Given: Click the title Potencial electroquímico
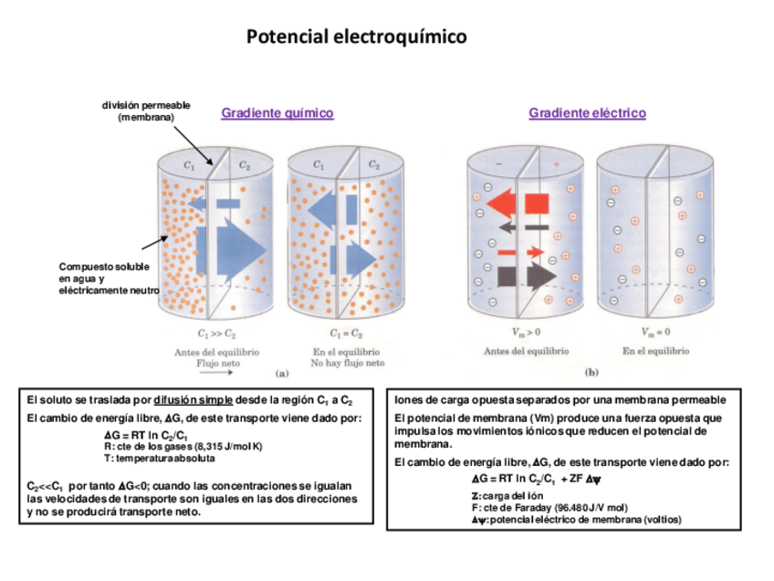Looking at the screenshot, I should coord(356,37).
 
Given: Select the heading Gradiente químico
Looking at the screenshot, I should coord(277,113).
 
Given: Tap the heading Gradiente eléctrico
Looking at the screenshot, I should coord(587,113).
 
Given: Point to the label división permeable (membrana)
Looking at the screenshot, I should coord(146,111).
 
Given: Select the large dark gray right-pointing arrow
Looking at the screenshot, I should coord(528,273).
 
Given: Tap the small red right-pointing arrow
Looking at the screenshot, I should coord(522,250).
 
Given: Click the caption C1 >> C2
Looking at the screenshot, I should coord(216,334).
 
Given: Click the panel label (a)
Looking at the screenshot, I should coord(281,373).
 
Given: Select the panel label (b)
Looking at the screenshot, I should coord(591,373).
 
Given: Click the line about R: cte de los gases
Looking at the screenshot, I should coord(183,447).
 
